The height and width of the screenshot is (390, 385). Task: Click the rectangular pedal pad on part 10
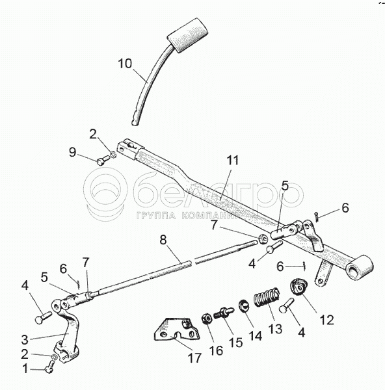[x=188, y=35]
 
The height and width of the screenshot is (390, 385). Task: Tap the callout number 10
[x=125, y=64]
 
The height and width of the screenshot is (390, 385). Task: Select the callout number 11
[x=232, y=161]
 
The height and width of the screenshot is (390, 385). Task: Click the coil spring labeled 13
[x=267, y=297]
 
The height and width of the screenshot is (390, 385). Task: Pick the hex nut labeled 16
[x=206, y=318]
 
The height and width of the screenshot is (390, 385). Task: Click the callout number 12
[x=326, y=320]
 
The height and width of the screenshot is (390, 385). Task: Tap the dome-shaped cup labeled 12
[x=299, y=287]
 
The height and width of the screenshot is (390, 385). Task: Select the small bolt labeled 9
[x=103, y=159]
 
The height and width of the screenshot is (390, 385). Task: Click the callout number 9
[x=72, y=152]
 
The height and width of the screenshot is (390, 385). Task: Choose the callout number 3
[x=25, y=339]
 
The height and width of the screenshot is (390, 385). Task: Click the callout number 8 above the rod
[x=163, y=240]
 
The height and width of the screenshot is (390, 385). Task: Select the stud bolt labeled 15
[x=224, y=312]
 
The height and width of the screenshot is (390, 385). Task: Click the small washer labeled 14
[x=243, y=305]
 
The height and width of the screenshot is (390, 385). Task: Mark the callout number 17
[x=194, y=358]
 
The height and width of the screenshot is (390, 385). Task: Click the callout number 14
[x=255, y=336]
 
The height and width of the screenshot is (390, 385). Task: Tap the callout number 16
[x=216, y=351]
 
